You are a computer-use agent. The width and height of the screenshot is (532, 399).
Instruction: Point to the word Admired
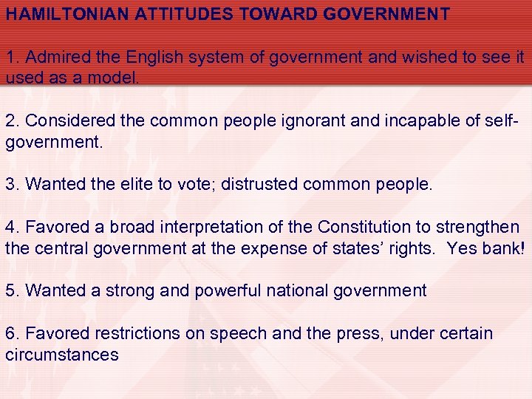55,57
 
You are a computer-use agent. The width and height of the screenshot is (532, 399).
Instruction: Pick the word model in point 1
116,78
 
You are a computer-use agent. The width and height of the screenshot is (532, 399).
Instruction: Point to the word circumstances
62,354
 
